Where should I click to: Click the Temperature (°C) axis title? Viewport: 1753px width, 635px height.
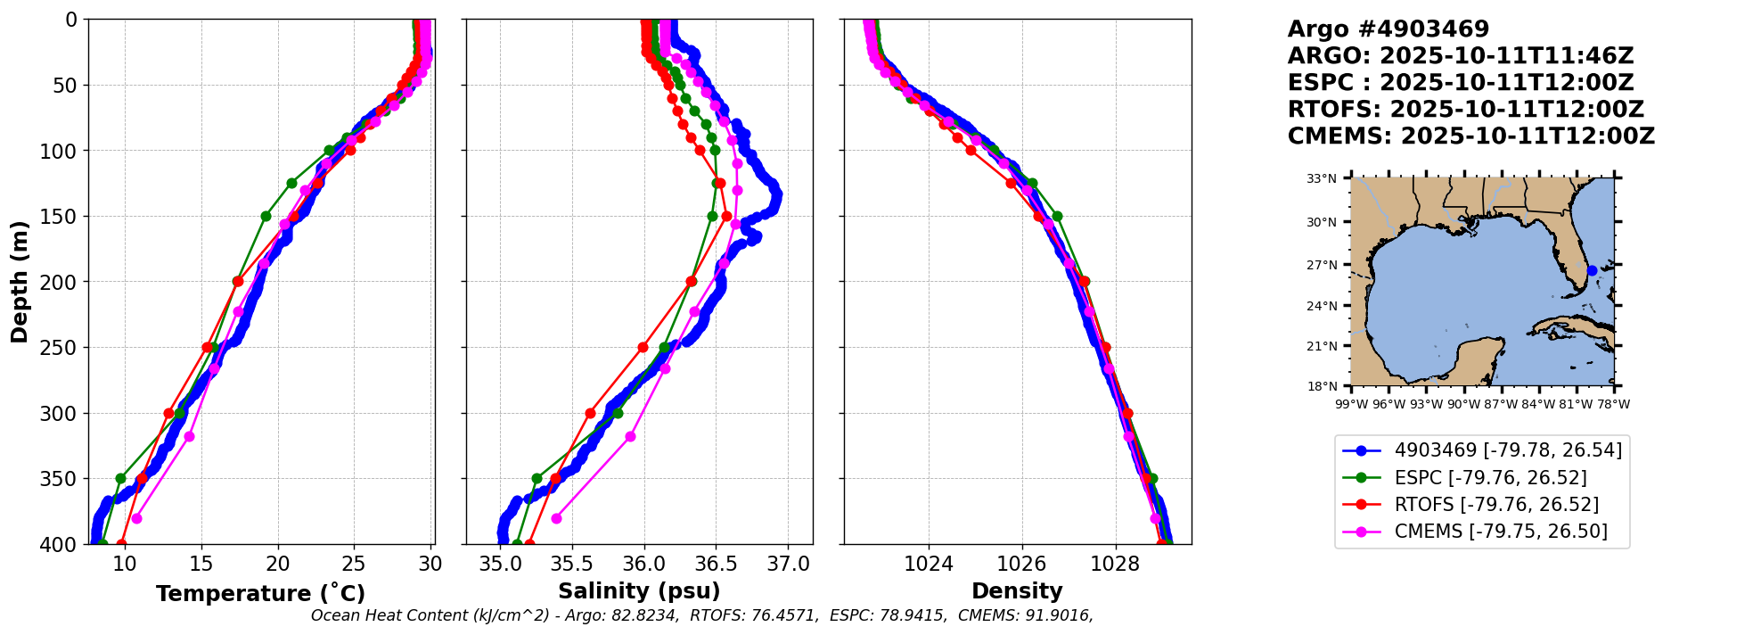click(x=260, y=594)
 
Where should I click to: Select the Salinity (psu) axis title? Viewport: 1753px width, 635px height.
click(x=639, y=591)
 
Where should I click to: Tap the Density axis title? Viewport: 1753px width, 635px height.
click(x=1017, y=591)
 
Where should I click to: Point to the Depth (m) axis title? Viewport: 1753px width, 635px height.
click(x=20, y=282)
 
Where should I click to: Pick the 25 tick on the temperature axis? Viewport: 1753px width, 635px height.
click(x=355, y=564)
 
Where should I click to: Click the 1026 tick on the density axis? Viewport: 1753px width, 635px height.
click(x=1021, y=564)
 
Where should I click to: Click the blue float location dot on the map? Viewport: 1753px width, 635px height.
click(x=1592, y=270)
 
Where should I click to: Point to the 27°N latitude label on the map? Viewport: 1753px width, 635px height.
click(x=1322, y=265)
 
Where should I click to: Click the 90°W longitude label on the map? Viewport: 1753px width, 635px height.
click(x=1463, y=404)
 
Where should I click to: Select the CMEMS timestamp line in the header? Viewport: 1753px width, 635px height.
click(x=1470, y=136)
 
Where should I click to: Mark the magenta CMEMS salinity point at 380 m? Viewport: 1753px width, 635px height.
click(x=556, y=518)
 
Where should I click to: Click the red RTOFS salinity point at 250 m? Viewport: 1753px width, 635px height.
click(x=643, y=347)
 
